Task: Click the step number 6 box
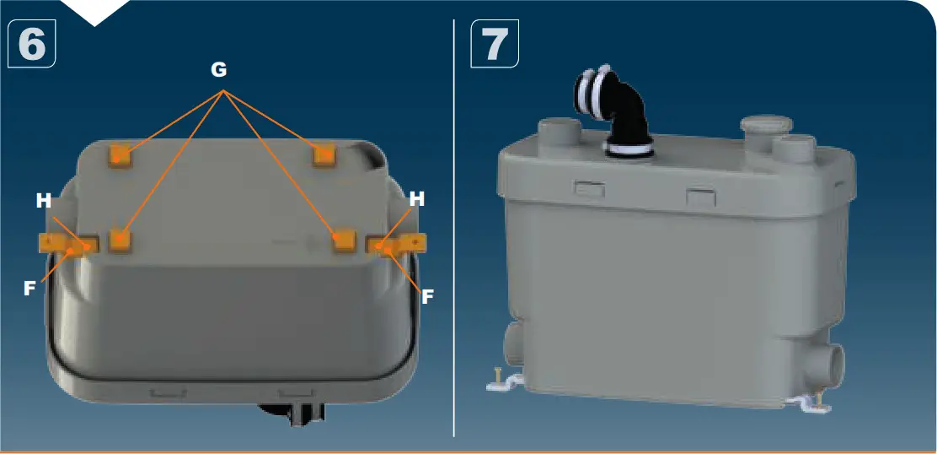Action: point(31,44)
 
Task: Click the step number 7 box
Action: point(495,44)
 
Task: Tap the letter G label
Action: point(219,71)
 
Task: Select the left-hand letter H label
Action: point(44,201)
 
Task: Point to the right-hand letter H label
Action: point(416,199)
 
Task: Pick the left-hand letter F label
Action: point(29,288)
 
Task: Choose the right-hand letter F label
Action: point(427,296)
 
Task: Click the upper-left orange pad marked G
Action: point(121,155)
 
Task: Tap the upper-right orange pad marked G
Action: point(324,155)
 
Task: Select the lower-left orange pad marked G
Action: point(122,241)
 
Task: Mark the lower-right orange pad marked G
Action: point(342,241)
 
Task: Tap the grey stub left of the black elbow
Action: point(558,132)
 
